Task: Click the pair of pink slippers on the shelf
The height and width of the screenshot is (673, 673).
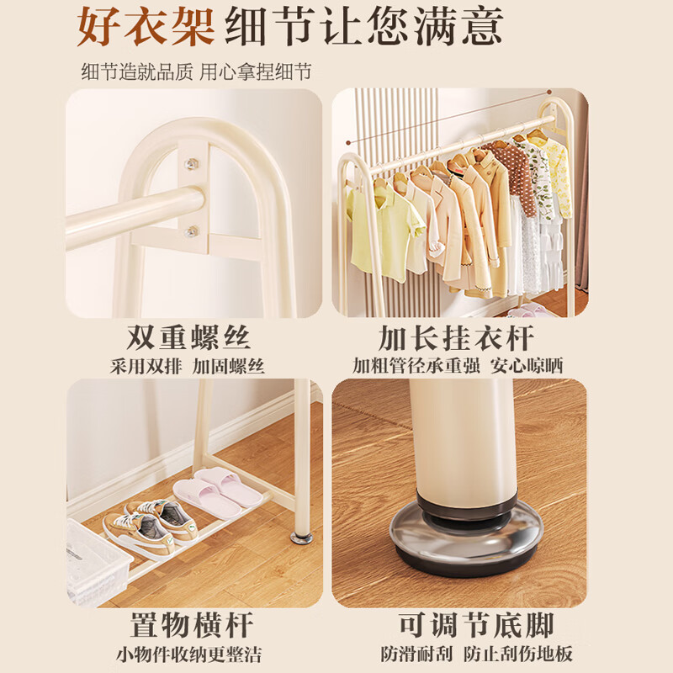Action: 217,492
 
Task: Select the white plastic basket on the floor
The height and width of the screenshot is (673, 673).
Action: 98,560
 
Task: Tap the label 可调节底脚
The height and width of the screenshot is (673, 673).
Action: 475,626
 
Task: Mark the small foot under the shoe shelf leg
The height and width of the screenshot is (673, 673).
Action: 301,536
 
